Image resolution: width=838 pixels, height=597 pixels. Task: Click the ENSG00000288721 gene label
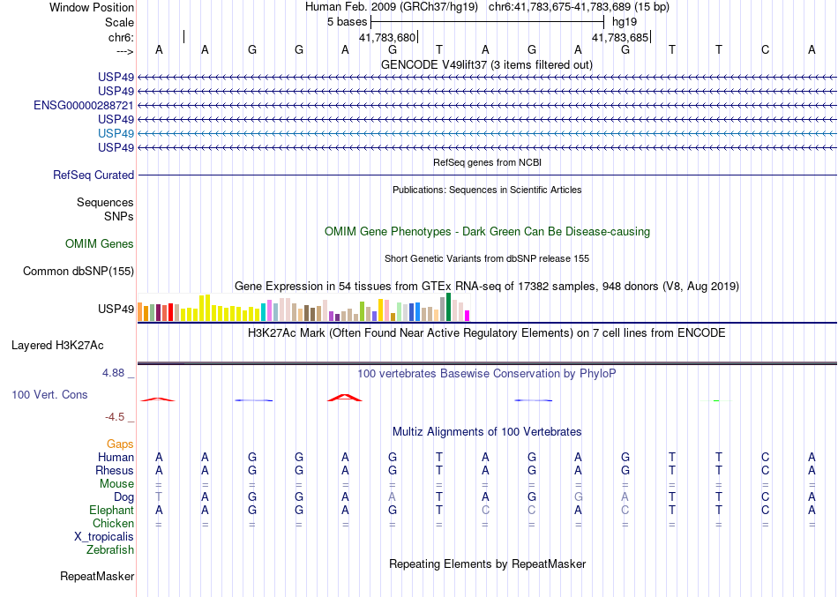(84, 105)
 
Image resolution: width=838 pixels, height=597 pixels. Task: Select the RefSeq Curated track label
(94, 175)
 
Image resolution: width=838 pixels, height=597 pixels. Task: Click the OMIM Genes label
(100, 243)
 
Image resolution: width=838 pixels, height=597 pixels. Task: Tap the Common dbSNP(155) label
(79, 271)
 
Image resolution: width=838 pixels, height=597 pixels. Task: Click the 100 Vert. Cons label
(50, 394)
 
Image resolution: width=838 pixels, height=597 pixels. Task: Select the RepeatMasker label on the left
(97, 577)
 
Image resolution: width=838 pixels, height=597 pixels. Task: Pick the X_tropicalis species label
(104, 536)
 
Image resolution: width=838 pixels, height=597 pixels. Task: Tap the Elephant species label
(112, 510)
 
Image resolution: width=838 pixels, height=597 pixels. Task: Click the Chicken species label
(114, 523)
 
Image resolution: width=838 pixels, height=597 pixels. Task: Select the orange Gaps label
(120, 444)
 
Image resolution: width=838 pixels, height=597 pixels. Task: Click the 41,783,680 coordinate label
(386, 38)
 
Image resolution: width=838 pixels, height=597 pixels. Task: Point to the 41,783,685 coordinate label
(619, 38)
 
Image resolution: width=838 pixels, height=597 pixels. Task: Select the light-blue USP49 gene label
(116, 132)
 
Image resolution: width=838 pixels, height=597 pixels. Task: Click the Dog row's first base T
(159, 496)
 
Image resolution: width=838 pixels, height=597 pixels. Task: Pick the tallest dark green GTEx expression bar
(449, 307)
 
